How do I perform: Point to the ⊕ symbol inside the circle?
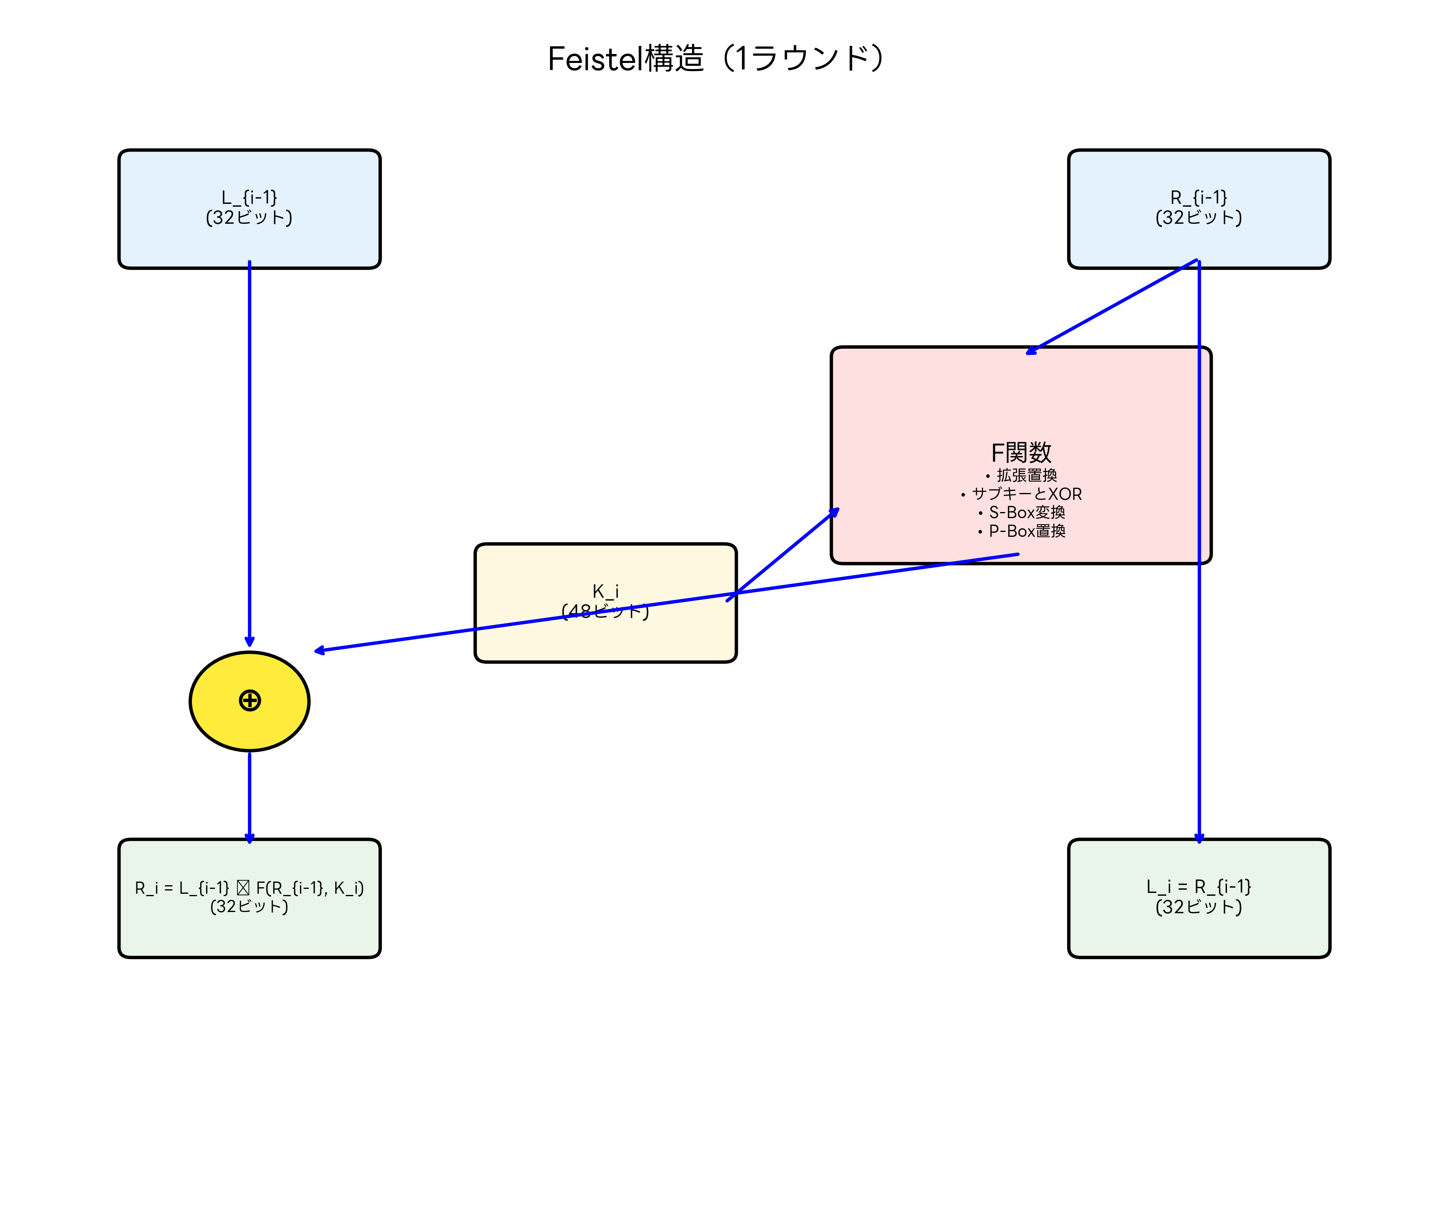[x=249, y=701]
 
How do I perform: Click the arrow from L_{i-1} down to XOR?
[x=249, y=449]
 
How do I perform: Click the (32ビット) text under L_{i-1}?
[x=249, y=218]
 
